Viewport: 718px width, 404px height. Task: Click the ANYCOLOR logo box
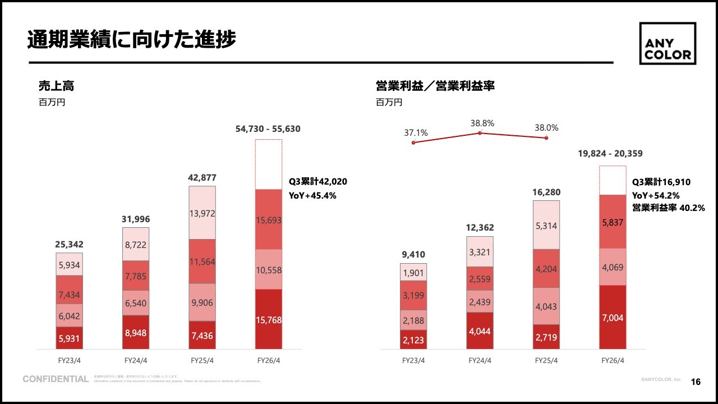tap(668, 44)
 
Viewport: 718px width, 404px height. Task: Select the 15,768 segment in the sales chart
tap(269, 319)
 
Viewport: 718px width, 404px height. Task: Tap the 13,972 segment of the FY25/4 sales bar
tap(202, 213)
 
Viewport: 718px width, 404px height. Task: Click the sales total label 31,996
tap(135, 219)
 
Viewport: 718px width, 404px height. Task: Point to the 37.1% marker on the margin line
tap(413, 143)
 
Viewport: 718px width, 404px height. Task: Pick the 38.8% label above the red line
tap(482, 123)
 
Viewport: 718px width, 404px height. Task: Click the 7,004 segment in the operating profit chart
tap(612, 318)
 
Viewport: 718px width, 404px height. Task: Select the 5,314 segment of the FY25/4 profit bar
tap(546, 226)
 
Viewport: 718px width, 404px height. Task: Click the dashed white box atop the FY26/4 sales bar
tap(269, 164)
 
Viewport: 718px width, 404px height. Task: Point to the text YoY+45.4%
tap(312, 196)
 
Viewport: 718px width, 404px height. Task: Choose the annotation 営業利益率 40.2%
tap(669, 208)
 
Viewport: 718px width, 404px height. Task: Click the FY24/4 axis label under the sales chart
tap(135, 360)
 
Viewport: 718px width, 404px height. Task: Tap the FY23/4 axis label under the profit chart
tap(413, 360)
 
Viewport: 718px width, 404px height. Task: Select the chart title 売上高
tap(56, 86)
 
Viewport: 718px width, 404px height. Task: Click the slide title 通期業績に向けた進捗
tap(131, 39)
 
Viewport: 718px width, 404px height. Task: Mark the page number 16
tap(696, 382)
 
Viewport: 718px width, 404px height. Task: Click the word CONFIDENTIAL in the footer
tap(56, 379)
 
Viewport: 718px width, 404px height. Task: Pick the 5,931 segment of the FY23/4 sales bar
tap(70, 338)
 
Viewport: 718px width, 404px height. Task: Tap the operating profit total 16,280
tap(546, 192)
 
